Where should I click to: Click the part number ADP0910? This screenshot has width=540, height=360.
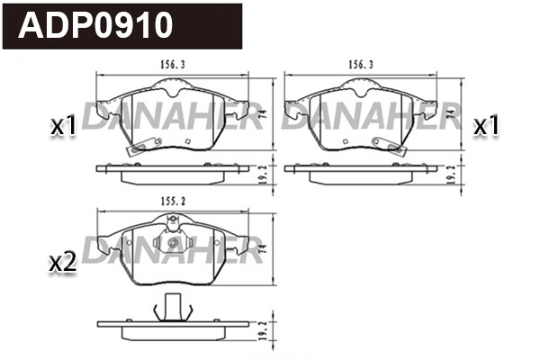[x=97, y=25]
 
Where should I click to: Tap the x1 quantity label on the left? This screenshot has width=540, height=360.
[x=62, y=127]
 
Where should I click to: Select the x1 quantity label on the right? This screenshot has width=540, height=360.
[x=486, y=127]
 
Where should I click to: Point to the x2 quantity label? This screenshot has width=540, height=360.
[x=60, y=263]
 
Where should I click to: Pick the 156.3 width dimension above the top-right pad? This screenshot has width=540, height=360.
[x=360, y=66]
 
